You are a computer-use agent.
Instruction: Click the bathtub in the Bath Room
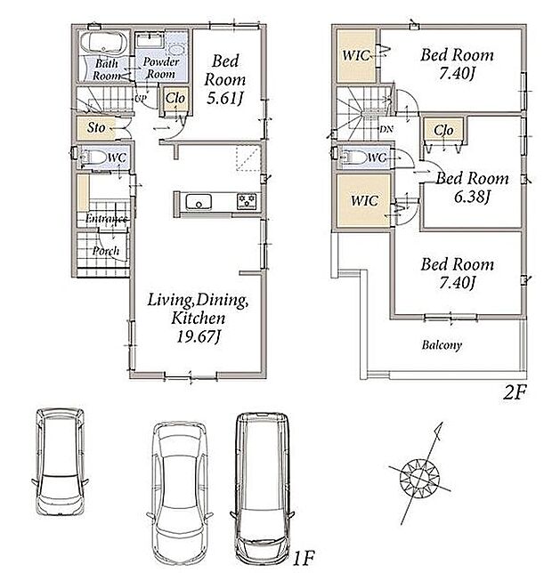pos(103,43)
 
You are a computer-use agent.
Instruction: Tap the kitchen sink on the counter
pos(199,202)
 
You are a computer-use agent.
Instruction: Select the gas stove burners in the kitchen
pos(247,202)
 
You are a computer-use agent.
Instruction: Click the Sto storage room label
pos(96,127)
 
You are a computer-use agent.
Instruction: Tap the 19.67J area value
pos(199,336)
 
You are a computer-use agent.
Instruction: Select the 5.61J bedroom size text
pos(225,98)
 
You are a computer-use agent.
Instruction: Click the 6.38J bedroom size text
pos(472,198)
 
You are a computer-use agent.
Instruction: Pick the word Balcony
pos(442,345)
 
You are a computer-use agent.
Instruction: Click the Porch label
pos(106,251)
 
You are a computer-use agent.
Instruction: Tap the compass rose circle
pos(419,478)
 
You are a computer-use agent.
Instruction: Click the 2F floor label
pos(515,392)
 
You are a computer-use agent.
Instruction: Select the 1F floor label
pos(303,558)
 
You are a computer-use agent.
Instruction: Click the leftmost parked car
pos(61,461)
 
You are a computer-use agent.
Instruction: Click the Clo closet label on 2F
pos(443,130)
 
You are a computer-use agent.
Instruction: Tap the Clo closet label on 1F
pos(175,98)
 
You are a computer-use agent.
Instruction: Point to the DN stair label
pos(386,129)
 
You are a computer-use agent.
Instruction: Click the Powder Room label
pos(161,68)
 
